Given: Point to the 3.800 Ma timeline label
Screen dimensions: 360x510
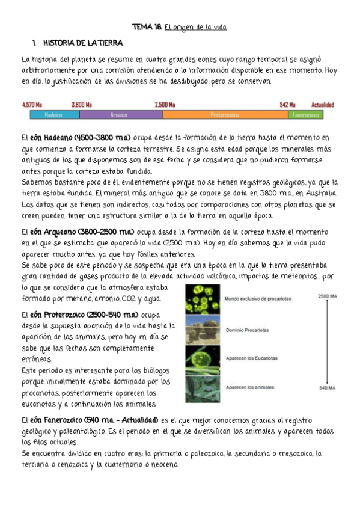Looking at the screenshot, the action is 81,104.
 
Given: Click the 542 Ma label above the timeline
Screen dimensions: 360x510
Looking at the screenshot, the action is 287,104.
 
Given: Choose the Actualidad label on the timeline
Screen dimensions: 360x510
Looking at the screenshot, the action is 323,104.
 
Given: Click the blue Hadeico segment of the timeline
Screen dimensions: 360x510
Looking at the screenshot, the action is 53,114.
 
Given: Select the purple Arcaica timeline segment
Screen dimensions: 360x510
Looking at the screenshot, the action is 120,114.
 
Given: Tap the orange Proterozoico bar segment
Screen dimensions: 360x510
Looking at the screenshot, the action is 225,114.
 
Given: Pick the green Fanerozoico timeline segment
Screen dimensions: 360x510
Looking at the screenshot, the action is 305,114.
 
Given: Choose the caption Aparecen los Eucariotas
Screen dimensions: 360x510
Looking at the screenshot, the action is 252,358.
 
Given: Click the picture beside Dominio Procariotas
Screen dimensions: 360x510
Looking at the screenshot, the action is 203,329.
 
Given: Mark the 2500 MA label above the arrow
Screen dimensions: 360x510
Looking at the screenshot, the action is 328,296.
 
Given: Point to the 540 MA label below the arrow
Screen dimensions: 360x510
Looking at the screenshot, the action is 328,390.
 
